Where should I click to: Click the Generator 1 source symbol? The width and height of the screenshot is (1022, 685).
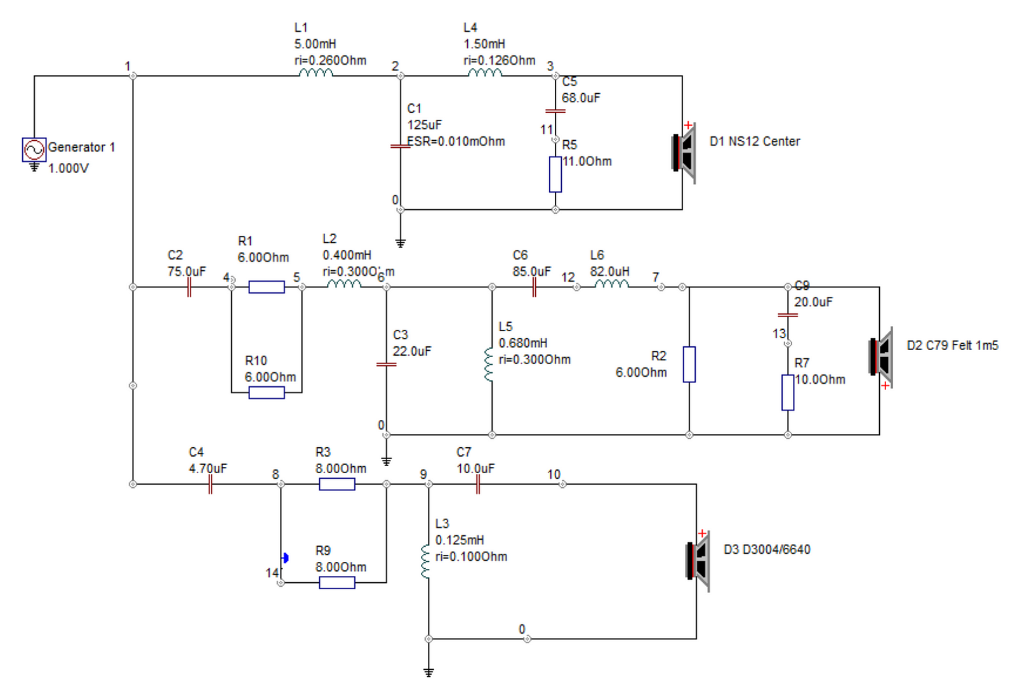point(34,150)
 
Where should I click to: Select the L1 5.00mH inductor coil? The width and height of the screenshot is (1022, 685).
point(316,72)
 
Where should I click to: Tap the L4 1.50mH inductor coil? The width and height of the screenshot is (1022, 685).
point(485,72)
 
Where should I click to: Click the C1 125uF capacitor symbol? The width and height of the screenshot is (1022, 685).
point(400,147)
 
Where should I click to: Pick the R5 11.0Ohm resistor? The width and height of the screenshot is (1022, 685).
point(555,174)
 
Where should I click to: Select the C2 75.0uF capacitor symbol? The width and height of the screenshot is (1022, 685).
point(189,287)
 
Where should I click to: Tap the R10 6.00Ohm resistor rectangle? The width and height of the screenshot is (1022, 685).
point(267,393)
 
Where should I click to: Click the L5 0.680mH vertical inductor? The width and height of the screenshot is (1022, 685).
point(489,363)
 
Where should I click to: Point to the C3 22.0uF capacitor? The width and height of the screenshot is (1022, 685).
point(386,364)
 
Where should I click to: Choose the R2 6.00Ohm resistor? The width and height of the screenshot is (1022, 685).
point(689,364)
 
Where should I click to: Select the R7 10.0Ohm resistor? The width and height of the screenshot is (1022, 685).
point(788,393)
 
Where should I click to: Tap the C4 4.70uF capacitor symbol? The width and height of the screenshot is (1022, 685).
point(210,484)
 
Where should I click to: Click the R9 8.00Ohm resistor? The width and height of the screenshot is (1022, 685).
point(336,582)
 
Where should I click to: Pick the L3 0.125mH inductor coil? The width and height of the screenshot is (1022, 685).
point(425,561)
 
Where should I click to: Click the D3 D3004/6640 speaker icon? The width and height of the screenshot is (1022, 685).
point(698,561)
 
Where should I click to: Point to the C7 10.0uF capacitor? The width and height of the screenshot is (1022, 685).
point(478,484)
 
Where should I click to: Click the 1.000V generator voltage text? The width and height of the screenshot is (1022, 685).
point(69,169)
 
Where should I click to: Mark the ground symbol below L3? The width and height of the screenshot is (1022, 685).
point(428,672)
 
